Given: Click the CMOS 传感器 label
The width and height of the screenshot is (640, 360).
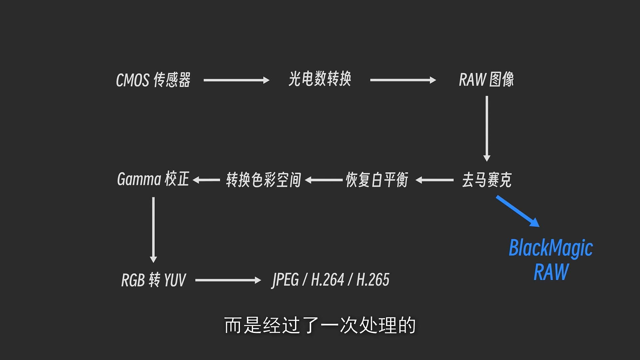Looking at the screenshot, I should point(153,80).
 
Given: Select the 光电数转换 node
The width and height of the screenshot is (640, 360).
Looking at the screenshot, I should point(320,79).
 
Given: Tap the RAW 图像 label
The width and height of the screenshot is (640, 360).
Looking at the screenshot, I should point(486,80).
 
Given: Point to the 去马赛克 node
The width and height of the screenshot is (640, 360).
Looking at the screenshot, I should point(487,180).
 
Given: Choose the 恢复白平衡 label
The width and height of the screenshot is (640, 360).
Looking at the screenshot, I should point(377,180).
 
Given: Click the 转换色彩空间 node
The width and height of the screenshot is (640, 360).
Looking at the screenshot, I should point(263,180).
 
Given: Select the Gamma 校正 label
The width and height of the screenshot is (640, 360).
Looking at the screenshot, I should point(153,179).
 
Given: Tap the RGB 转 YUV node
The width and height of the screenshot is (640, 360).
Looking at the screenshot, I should point(153,280).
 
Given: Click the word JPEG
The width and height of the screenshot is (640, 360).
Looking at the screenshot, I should point(285,280).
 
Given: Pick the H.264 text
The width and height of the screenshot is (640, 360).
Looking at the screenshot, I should point(327,280).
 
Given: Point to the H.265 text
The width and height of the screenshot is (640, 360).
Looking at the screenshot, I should point(373,280).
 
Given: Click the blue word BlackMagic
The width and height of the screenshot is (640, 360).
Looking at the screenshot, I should point(551,248).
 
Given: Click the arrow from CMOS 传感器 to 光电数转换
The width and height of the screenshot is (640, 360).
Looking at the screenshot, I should point(236,80).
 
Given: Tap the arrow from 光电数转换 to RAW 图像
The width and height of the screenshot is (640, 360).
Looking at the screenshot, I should point(403,80).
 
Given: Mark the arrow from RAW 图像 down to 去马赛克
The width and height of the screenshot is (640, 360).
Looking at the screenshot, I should point(487,128).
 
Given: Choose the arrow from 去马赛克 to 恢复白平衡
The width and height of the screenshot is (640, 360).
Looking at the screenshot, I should point(435,180).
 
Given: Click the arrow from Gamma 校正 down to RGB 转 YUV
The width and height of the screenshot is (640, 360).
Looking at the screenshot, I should point(153,229).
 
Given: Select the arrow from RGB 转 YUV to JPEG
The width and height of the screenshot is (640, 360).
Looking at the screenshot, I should point(228,280).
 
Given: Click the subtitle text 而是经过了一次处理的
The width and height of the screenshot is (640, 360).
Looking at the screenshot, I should point(320,325).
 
